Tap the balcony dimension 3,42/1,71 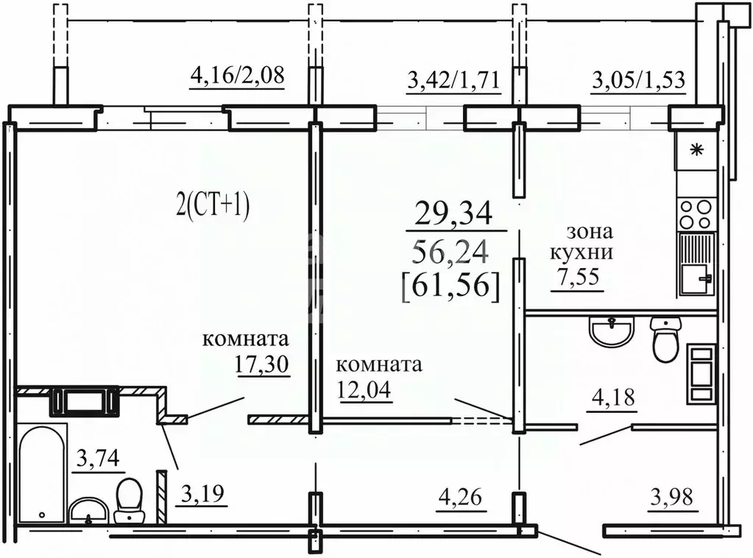tap(453, 78)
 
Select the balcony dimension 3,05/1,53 tap(639, 78)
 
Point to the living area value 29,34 tap(453, 213)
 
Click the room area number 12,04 tap(364, 387)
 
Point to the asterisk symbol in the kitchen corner tap(696, 151)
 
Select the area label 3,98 tap(673, 498)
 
